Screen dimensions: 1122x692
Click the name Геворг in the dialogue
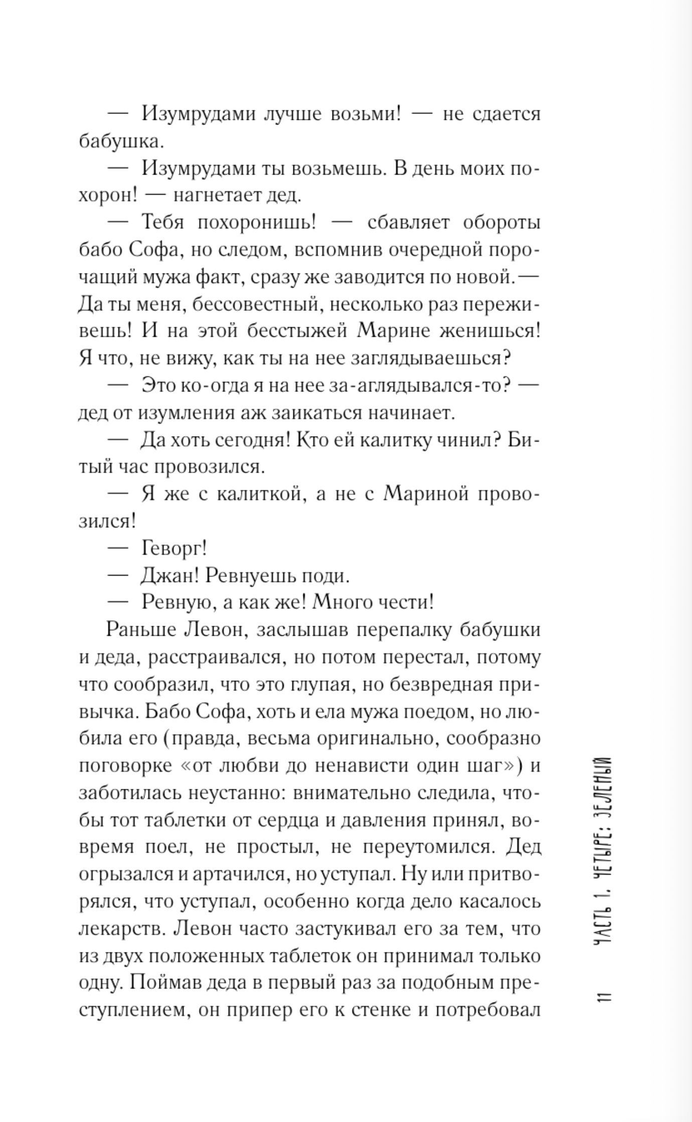click(174, 548)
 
